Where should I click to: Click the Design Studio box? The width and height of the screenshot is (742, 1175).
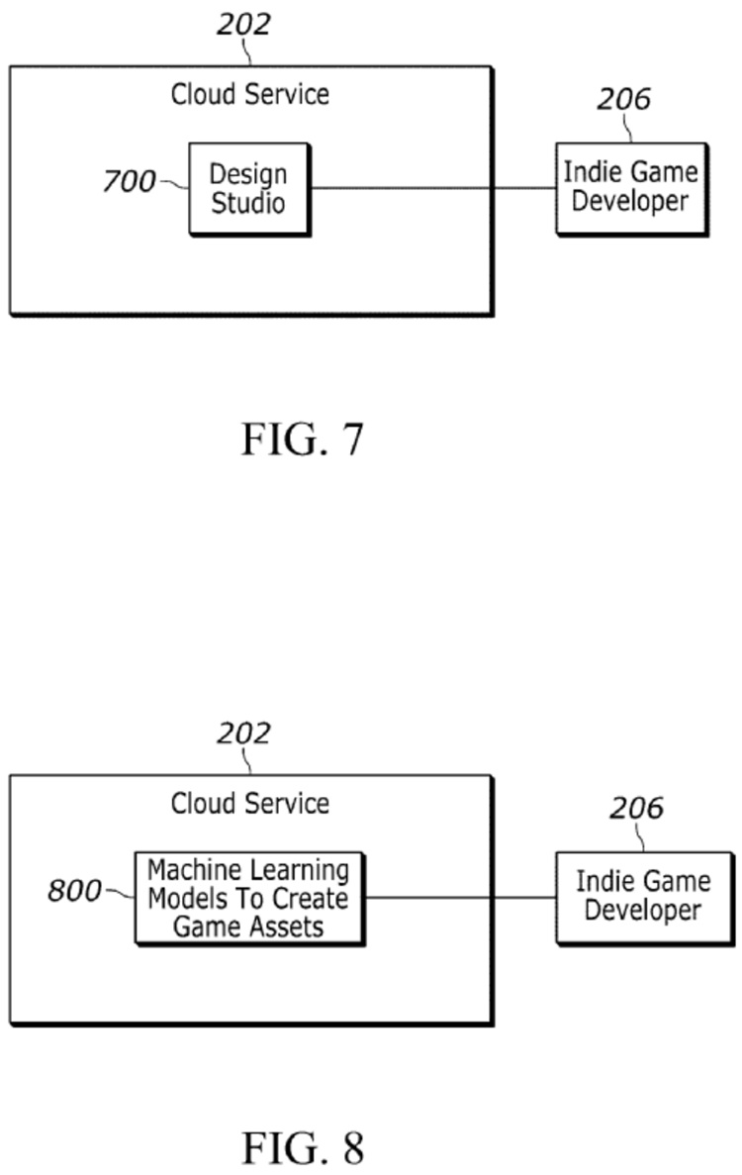(248, 189)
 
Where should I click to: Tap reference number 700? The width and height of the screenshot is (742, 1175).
(129, 182)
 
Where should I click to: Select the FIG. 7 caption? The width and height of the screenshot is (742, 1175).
(303, 439)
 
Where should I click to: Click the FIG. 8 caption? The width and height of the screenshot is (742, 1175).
(303, 1147)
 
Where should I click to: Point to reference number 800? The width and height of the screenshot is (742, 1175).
(74, 891)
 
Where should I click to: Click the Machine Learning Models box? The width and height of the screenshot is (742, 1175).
(248, 899)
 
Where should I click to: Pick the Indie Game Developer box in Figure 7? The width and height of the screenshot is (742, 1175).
(630, 187)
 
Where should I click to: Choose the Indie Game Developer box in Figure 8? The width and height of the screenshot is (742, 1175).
(643, 896)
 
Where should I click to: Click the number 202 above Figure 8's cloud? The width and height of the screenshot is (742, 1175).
(243, 734)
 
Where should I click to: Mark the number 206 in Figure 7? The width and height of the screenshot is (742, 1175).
(623, 100)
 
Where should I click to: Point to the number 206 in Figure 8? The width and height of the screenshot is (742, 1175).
(636, 809)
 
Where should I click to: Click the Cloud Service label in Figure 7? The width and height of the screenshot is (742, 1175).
(250, 95)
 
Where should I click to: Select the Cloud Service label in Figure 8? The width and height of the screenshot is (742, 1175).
(250, 803)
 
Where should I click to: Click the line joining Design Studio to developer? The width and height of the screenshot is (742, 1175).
(432, 187)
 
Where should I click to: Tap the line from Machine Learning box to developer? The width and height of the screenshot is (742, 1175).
(459, 898)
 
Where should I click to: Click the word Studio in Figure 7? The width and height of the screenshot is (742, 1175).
(248, 204)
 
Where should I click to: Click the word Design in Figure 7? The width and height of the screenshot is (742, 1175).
(248, 174)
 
